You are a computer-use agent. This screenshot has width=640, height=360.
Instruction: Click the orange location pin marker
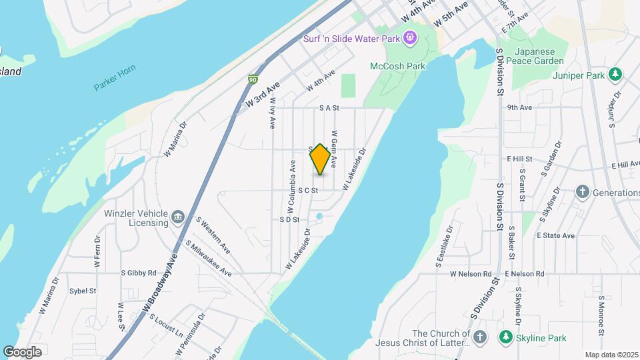coord(320,159)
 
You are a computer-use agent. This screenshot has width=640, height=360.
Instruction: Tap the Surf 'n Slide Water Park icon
coord(409,38)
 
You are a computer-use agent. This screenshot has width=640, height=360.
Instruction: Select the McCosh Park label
coord(397,66)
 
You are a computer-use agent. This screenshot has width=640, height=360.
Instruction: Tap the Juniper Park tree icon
coord(617,75)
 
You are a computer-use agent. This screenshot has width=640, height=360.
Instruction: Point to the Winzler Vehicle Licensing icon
coord(178,217)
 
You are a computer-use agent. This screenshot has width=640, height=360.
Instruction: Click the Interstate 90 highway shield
coord(253,79)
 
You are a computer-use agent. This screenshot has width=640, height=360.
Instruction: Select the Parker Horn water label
coord(114,86)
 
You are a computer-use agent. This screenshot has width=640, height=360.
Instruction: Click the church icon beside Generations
coord(582,193)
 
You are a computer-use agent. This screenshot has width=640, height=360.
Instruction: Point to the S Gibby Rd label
coord(138,273)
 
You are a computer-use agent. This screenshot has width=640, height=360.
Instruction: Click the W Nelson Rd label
coord(471,274)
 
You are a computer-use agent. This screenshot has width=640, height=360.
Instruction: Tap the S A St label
coord(329,107)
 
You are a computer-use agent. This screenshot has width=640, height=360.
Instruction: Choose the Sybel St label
coord(83,291)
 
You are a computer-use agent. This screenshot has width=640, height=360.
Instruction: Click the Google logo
coord(22,351)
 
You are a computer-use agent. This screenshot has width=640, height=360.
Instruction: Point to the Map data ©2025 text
coord(610,355)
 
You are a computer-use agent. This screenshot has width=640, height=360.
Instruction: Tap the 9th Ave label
coord(519,107)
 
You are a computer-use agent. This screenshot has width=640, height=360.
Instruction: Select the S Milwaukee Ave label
coord(209,259)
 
